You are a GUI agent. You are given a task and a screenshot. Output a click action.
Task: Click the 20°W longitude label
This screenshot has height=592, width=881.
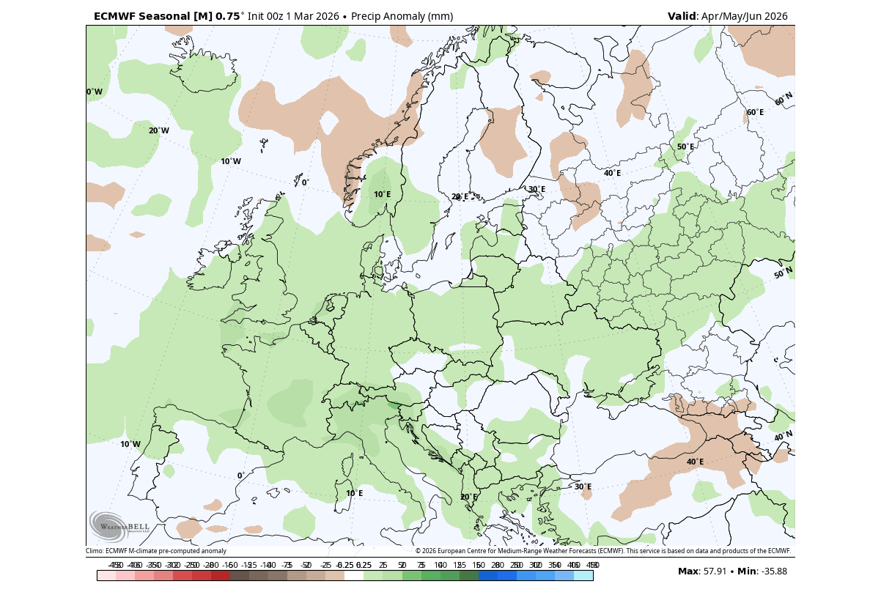158,131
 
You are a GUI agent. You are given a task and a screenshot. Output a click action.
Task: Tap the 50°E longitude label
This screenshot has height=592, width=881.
685,147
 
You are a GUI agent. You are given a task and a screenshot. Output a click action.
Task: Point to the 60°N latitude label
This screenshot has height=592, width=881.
784,100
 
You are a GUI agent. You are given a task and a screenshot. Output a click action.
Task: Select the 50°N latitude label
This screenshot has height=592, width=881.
784,273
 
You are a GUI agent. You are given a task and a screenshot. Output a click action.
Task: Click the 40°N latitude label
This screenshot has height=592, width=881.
784,437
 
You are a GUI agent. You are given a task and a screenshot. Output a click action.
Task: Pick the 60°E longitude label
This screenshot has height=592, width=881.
755,113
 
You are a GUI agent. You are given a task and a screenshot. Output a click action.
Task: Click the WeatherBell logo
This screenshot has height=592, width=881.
119,525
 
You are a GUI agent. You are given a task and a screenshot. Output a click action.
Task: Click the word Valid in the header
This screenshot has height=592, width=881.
682,16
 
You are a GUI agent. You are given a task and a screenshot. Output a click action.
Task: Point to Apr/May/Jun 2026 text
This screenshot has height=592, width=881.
745,16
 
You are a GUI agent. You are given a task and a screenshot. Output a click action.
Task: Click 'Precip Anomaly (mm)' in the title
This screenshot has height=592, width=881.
402,16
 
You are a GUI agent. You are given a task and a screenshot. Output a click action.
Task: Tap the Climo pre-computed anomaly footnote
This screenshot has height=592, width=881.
156,551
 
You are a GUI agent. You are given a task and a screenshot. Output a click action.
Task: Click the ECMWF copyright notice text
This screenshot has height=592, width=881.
602,551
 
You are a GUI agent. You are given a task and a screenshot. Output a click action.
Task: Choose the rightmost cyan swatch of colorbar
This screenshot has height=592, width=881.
583,576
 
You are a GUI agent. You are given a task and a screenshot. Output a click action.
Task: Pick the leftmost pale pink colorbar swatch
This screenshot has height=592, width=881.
106,576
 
